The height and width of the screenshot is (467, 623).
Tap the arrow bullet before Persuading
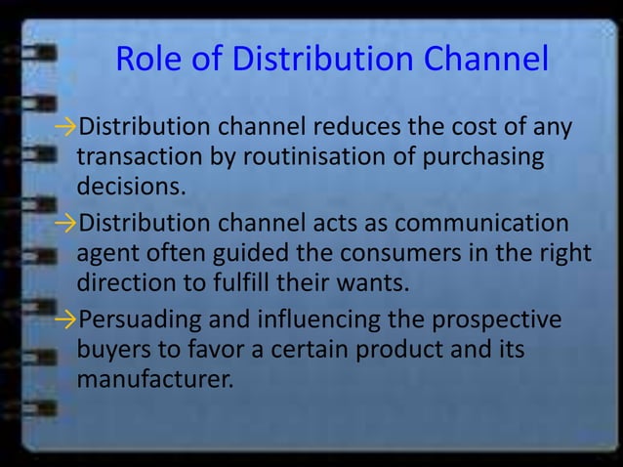point(65,319)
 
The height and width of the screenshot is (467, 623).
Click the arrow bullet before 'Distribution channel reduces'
point(65,128)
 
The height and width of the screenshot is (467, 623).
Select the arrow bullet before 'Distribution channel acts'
point(65,223)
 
